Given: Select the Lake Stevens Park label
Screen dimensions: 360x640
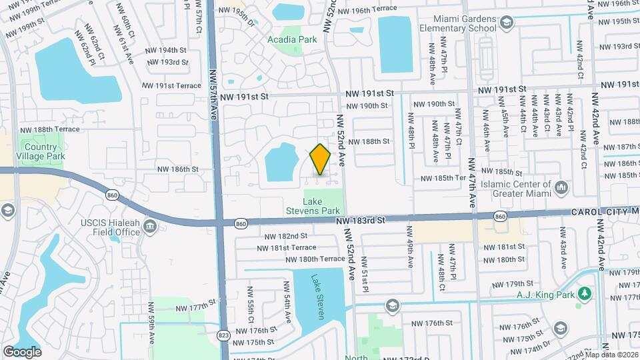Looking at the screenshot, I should point(321,206).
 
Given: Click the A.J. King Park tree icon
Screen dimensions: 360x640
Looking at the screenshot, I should point(585,293).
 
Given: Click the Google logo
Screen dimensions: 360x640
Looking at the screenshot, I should point(22,351).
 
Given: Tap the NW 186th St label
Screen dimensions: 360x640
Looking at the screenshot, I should point(178,169).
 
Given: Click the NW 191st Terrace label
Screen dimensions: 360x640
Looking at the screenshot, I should point(171,85).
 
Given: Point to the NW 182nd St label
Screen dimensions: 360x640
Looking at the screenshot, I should point(285,236).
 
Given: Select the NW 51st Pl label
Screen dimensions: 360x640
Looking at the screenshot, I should point(365,275).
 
